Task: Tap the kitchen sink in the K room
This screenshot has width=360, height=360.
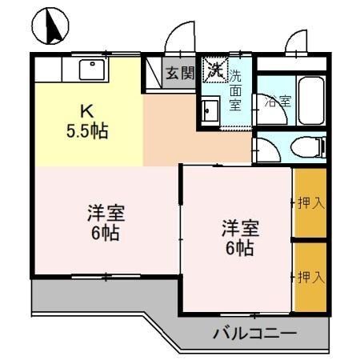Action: tap(93, 70)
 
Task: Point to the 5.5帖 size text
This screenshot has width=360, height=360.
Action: tap(87, 128)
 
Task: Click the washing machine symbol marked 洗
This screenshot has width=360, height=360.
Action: tap(214, 70)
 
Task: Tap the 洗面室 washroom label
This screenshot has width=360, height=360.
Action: tap(235, 90)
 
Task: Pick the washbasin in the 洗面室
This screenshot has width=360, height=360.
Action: tap(211, 109)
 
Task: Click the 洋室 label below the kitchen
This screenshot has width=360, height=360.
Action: tap(106, 214)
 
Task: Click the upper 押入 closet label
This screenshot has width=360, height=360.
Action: tap(310, 203)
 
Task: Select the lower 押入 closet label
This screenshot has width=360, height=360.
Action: tap(310, 277)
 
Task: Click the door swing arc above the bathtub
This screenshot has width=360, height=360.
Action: tap(295, 42)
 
